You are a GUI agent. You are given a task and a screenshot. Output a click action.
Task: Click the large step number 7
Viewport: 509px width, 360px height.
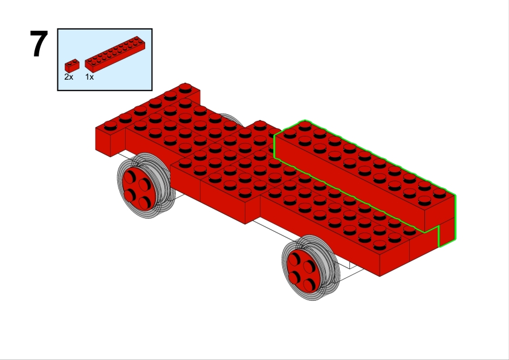39,43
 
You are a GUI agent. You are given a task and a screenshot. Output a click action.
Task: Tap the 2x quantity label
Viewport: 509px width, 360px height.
69,77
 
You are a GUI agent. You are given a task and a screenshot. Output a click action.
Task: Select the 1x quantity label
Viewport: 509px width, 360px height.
89,77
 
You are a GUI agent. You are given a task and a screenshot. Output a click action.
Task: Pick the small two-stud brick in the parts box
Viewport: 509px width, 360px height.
72,65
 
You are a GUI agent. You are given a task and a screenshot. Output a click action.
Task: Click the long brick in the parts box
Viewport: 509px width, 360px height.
115,54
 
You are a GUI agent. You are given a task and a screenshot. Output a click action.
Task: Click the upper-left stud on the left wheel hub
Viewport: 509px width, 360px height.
129,177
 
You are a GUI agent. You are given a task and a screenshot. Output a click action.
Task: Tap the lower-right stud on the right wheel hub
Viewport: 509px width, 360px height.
309,286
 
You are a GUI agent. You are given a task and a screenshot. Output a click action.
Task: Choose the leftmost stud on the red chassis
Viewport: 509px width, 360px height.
111,124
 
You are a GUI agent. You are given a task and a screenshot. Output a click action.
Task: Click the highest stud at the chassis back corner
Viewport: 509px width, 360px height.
185,87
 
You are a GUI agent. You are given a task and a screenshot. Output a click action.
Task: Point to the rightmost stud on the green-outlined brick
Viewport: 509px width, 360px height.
439,193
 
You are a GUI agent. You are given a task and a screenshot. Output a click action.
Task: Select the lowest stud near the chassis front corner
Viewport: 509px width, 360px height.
380,245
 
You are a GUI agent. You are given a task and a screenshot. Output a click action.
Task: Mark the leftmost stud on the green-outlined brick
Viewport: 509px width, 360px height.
290,133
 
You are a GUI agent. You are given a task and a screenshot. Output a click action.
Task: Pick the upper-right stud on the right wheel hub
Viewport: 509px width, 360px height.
309,266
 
